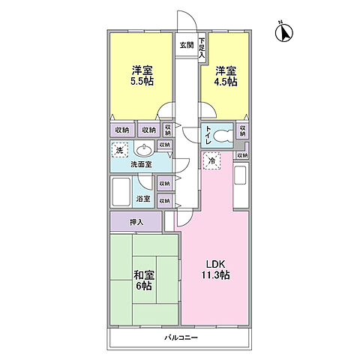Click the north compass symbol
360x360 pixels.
point(284,32)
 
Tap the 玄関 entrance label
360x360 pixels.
point(187,45)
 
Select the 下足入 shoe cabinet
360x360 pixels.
point(202,49)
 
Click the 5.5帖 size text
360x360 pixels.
point(142,81)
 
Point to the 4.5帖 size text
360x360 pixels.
point(226,82)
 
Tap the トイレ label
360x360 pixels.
point(208,135)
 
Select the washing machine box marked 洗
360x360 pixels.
point(120,150)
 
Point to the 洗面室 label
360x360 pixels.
point(141,164)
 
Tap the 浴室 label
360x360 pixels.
point(143,199)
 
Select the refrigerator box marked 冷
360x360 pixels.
point(211,160)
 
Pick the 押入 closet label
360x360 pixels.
point(136,222)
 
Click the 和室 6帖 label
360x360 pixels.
point(144,280)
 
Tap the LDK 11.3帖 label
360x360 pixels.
point(216,269)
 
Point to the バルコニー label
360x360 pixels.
point(181,338)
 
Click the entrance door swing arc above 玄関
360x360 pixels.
point(190,18)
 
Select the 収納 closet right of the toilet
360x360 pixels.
point(242,130)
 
